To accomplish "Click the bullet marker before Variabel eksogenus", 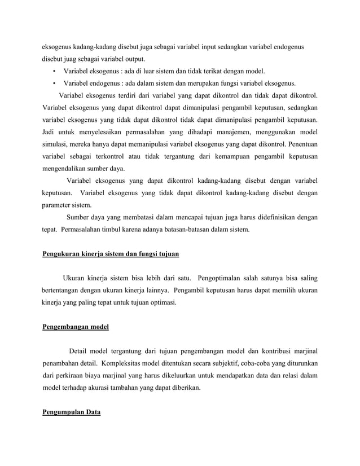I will [x=53, y=72].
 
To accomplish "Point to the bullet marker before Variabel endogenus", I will [x=53, y=83].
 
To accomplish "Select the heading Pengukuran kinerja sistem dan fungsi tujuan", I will [x=111, y=254].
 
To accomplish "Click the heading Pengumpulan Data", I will [x=72, y=412].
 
